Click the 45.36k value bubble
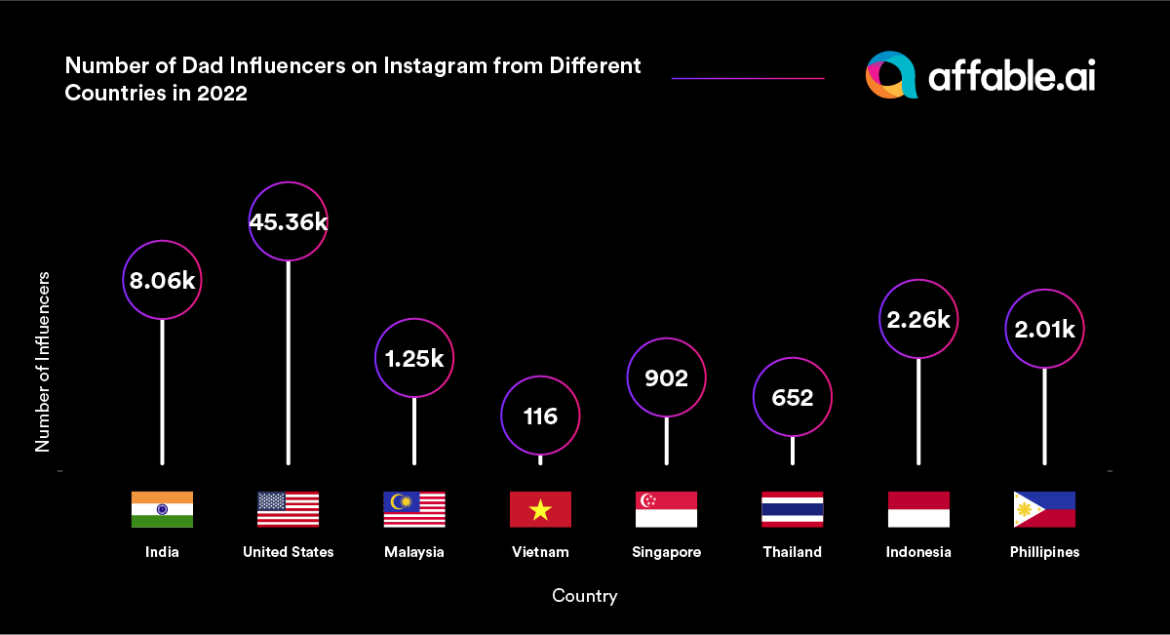click(288, 221)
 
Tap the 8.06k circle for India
click(162, 281)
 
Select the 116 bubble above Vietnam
click(540, 417)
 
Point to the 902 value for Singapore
click(666, 377)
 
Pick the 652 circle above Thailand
click(792, 398)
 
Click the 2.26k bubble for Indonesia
click(917, 319)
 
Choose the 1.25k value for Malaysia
click(414, 358)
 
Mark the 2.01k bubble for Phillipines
click(1044, 330)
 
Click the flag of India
click(162, 509)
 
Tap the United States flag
click(288, 509)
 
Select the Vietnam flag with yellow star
click(540, 509)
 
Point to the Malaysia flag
click(414, 509)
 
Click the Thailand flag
click(792, 509)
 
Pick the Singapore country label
click(666, 552)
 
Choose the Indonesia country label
click(918, 552)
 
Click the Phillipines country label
click(1044, 552)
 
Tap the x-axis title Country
click(584, 595)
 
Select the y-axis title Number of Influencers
click(43, 361)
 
